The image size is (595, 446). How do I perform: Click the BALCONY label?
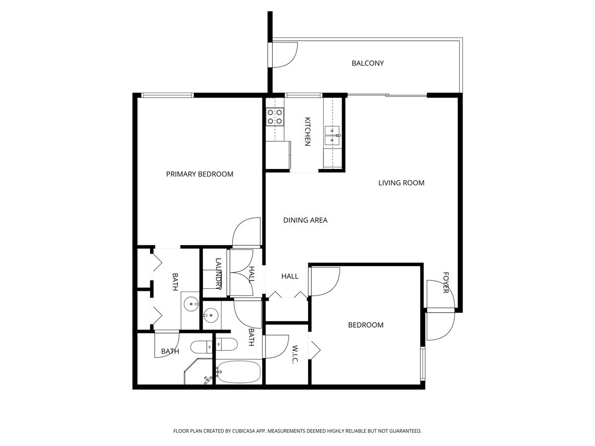coord(367,63)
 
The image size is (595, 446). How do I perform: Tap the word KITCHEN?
coord(307,131)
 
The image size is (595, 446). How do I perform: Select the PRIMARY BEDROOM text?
coord(199,174)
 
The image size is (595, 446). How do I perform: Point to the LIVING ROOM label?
coord(401,183)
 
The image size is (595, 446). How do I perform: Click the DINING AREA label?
coord(305,220)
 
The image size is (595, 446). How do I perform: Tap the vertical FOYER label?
coord(445,282)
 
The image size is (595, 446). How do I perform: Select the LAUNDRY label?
coord(218,272)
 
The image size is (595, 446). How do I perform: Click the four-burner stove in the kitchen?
coord(275,116)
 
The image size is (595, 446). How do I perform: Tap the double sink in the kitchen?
coord(332,135)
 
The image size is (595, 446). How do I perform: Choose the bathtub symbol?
coord(238,372)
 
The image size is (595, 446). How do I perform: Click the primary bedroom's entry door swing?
coord(247,232)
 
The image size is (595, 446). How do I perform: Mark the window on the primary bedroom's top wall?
coord(166,95)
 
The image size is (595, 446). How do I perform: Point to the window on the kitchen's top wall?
coord(303,95)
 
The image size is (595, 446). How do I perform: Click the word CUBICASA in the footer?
coord(244,431)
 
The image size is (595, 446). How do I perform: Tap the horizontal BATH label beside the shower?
coord(170,352)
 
